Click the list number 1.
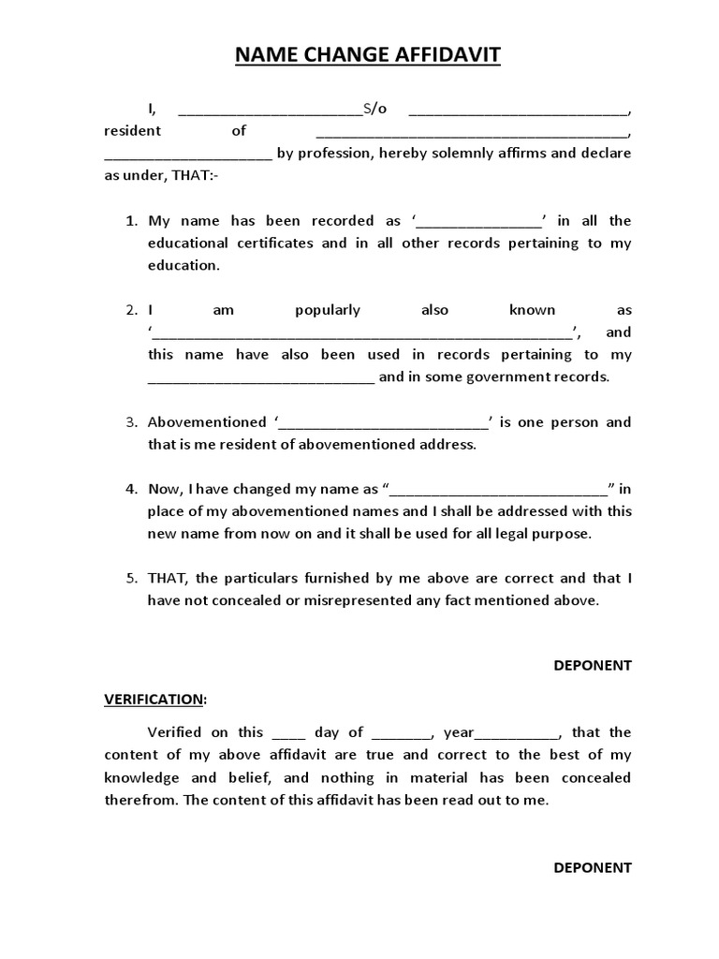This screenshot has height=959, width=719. [x=131, y=221]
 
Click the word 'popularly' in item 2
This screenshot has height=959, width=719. [x=328, y=310]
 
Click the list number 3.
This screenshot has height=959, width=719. [x=131, y=422]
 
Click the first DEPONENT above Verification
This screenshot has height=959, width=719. [x=592, y=665]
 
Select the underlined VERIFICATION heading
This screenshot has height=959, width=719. [x=154, y=699]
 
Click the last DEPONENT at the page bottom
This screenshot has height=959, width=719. [x=592, y=867]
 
